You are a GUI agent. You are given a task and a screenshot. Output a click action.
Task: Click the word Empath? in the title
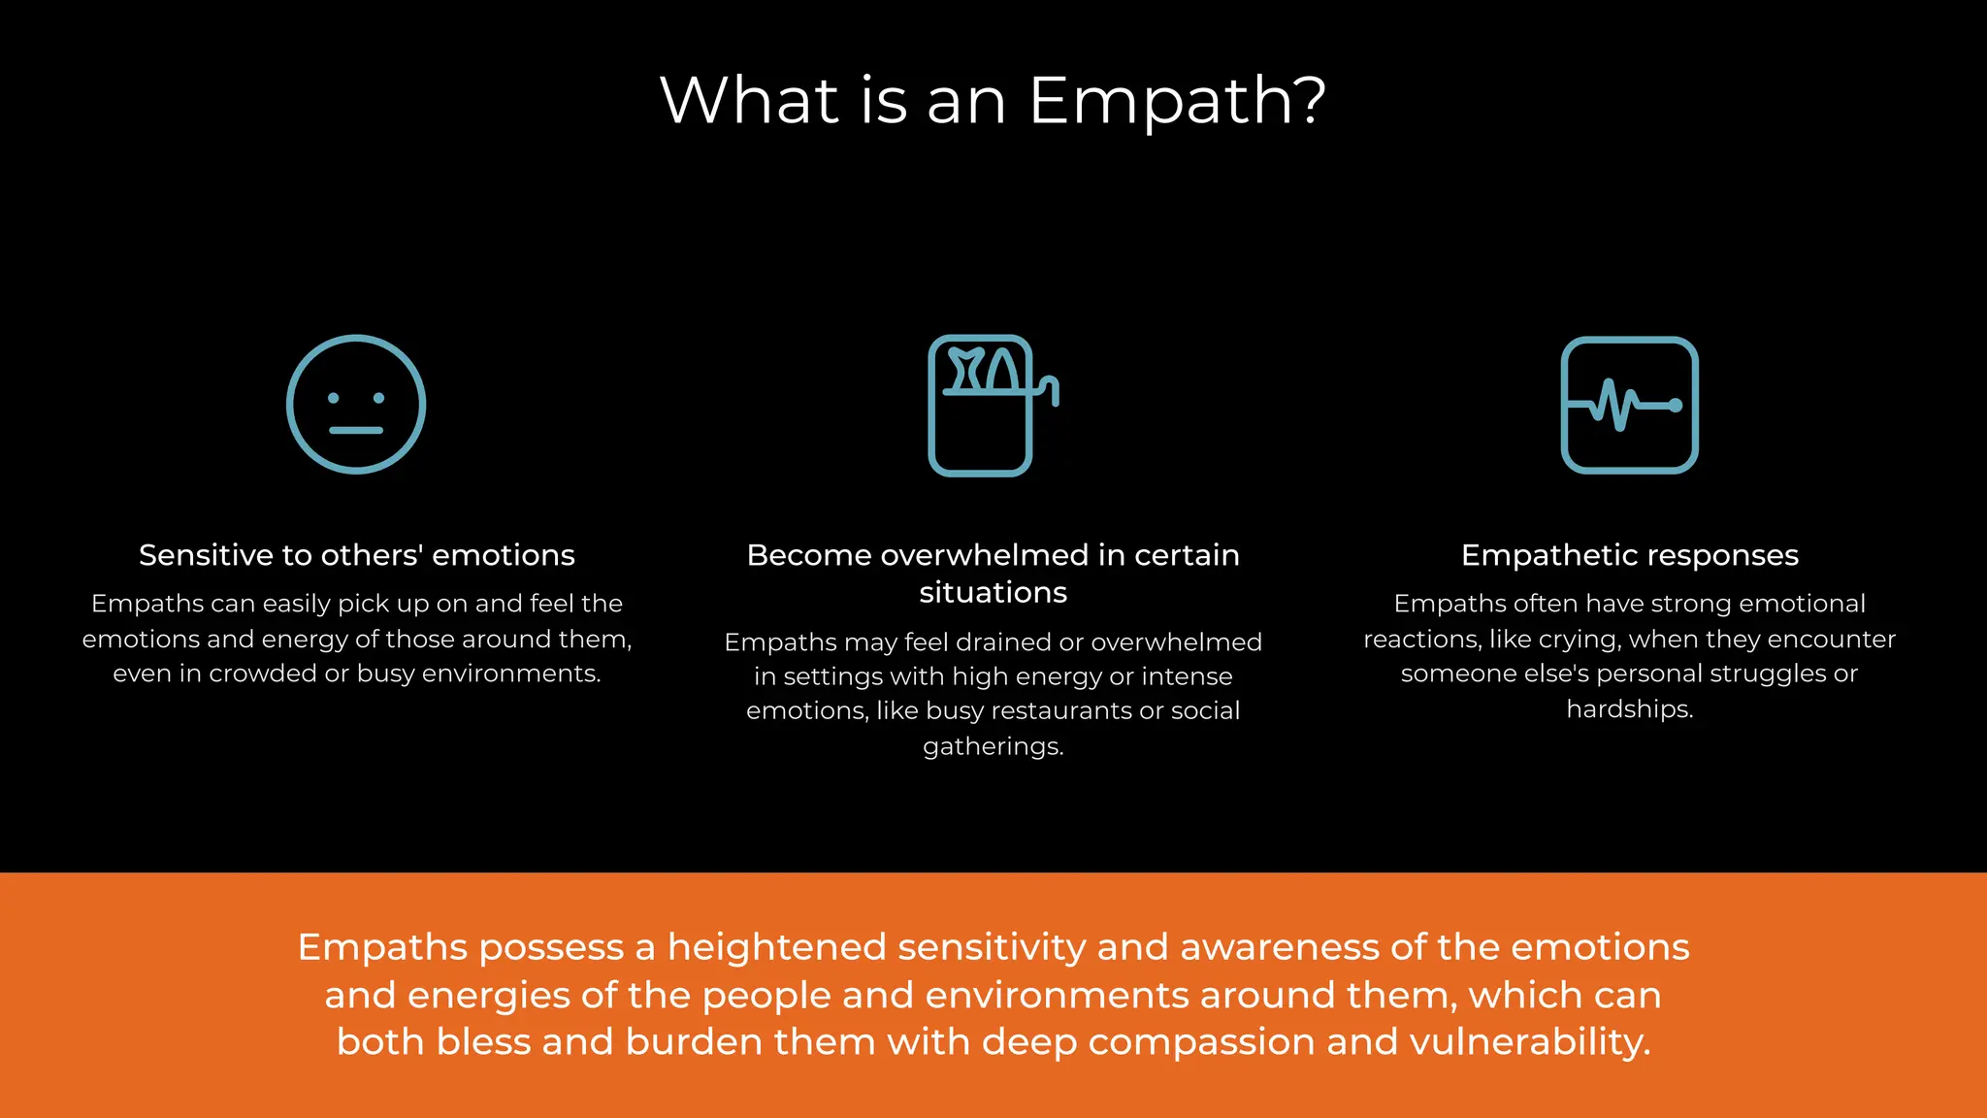(x=1176, y=101)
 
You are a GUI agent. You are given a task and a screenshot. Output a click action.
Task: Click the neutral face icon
(x=356, y=405)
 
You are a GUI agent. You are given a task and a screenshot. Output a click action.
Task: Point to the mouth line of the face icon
(x=356, y=430)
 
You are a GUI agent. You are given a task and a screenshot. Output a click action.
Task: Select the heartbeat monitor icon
(x=1629, y=405)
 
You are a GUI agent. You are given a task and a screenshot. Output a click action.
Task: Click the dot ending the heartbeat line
(x=1675, y=405)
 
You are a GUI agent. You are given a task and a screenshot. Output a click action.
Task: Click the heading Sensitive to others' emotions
(x=356, y=555)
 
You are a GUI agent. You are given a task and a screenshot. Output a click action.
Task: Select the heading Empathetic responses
(x=1629, y=555)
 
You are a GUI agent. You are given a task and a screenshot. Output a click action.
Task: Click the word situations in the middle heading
(x=993, y=592)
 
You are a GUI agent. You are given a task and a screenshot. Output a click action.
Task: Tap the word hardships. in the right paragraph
(x=1629, y=709)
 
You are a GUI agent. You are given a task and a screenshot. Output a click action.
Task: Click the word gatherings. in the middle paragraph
(x=993, y=746)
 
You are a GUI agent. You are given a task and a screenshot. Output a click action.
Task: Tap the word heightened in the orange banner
(x=776, y=947)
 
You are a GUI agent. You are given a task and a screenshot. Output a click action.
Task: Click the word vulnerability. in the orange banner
(x=1529, y=1042)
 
